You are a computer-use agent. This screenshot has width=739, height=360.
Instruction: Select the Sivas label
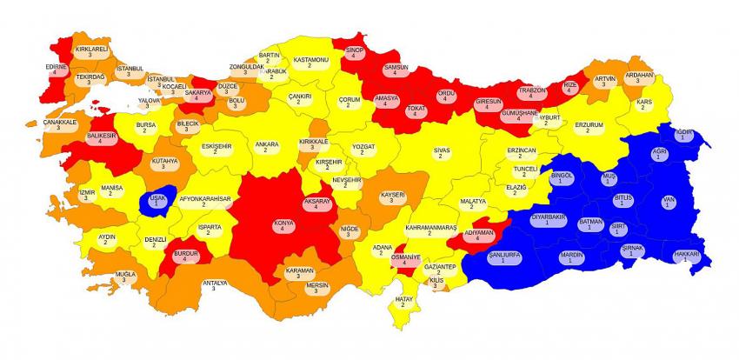click(443, 154)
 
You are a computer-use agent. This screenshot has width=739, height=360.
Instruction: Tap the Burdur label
click(186, 256)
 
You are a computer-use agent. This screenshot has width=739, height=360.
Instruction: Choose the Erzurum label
click(589, 128)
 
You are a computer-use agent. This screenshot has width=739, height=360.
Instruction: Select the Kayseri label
click(393, 197)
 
